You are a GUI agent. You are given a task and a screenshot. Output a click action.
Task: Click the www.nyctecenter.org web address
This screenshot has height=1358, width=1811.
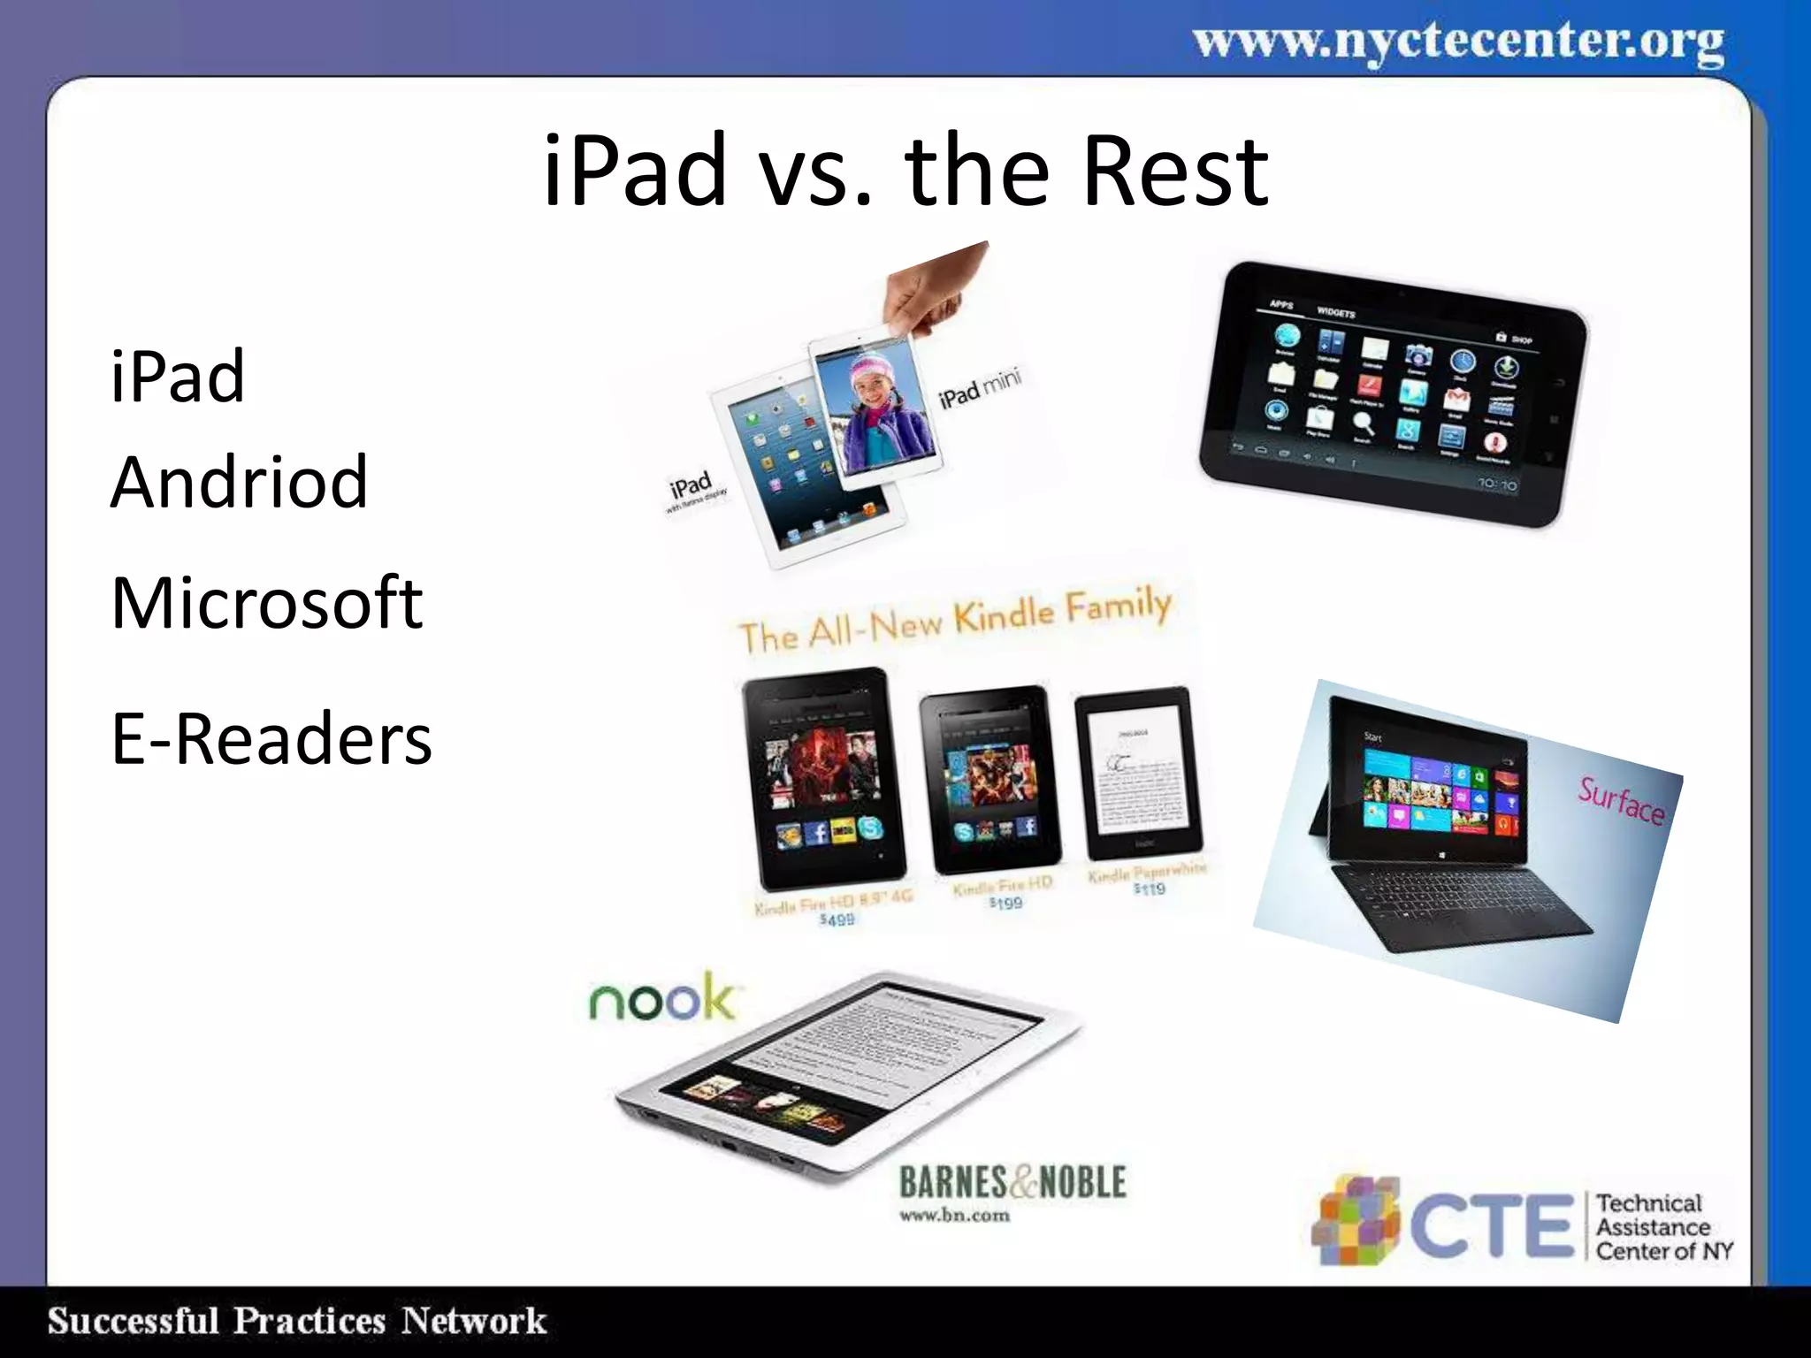point(1458,42)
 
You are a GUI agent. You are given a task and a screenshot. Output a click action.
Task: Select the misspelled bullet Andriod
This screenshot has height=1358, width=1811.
point(239,482)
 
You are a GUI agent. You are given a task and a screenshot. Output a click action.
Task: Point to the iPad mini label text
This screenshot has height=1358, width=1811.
point(980,387)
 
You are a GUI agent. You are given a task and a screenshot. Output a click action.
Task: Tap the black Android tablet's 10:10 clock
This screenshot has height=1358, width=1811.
point(1497,484)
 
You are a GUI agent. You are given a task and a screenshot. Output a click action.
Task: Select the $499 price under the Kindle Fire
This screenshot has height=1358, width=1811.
point(837,919)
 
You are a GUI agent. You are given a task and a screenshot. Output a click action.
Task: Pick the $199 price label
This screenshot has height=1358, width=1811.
point(1005,903)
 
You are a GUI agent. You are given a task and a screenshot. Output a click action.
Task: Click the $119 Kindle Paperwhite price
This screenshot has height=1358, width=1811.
point(1149,889)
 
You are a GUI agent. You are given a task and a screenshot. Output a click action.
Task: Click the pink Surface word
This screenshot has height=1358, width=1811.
point(1621,800)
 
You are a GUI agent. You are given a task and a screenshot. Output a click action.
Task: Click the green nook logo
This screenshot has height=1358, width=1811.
point(661,999)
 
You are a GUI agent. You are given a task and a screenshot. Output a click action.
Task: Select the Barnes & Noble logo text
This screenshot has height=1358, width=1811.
point(1012,1183)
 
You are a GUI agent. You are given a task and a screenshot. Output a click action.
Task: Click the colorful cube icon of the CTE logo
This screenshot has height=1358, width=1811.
point(1356,1220)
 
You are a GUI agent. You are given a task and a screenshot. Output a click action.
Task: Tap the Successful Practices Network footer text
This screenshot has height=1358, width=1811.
point(297,1321)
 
